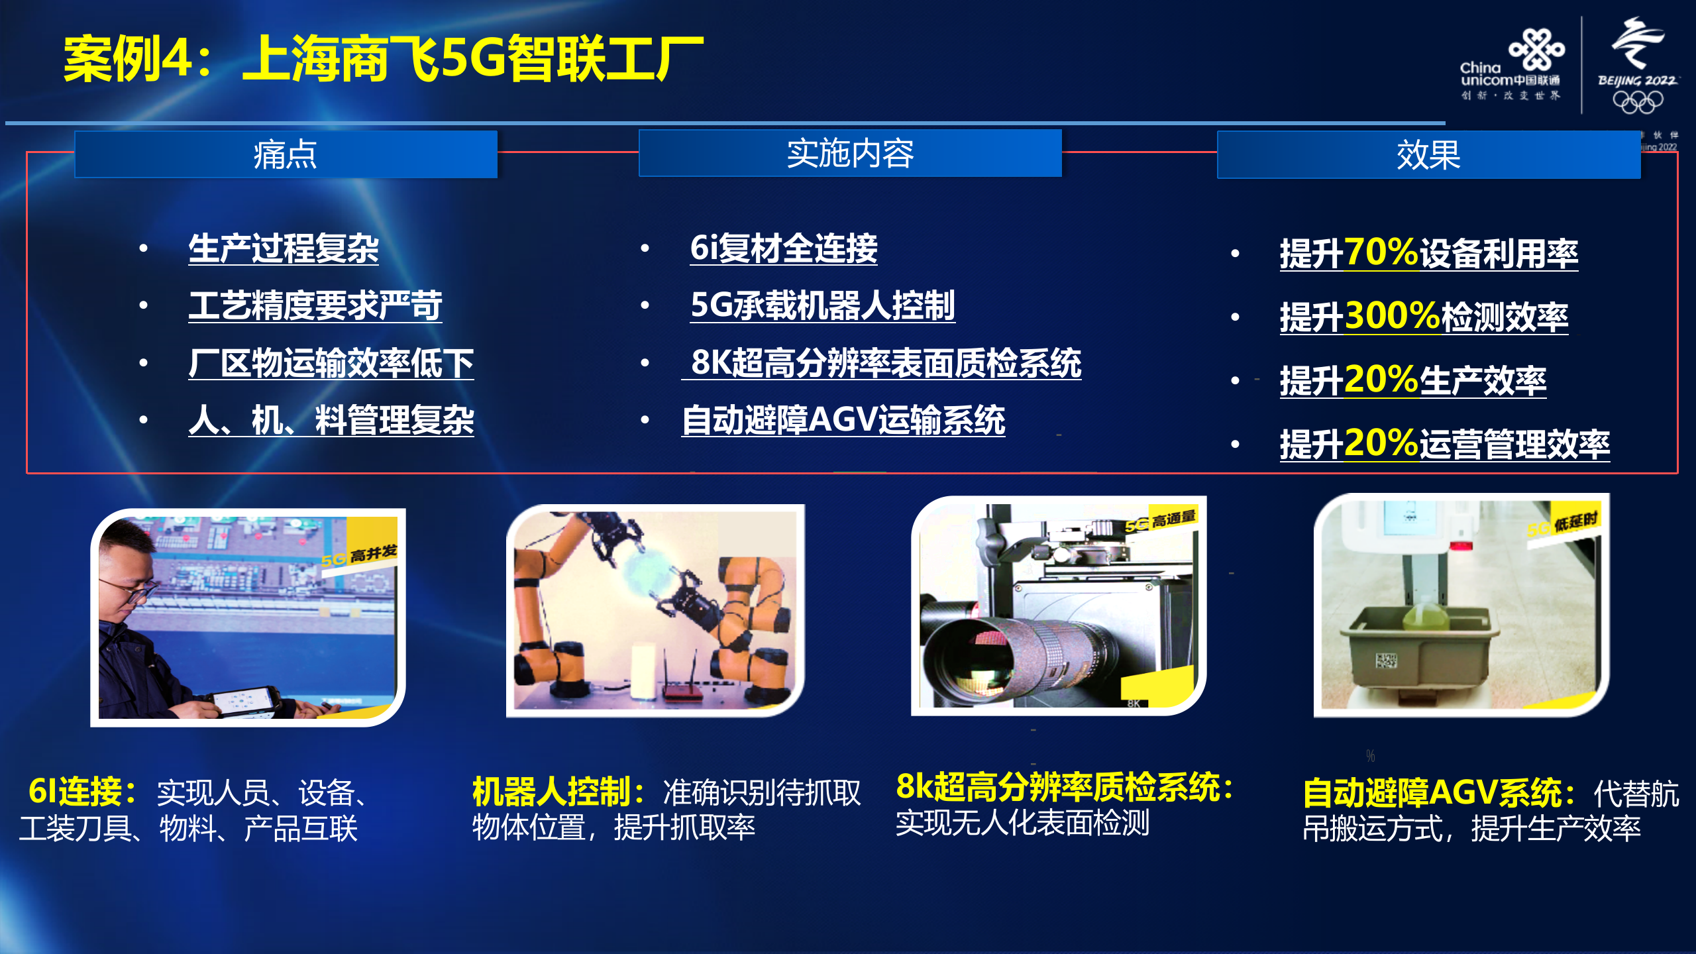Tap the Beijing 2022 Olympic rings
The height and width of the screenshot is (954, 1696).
pos(1638,101)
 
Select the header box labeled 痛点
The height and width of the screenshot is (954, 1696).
pos(286,154)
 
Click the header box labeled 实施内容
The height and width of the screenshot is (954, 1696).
pos(850,154)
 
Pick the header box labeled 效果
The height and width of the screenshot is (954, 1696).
pos(1428,155)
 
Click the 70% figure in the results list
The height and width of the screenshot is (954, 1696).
pos(1381,252)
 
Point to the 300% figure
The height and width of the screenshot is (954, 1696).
pos(1393,316)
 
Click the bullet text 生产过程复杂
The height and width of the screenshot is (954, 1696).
pos(283,249)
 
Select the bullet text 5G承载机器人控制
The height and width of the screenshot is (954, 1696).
pos(822,305)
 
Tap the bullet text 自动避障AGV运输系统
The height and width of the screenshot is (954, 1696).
pos(843,420)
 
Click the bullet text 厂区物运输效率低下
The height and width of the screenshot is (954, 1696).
pos(331,363)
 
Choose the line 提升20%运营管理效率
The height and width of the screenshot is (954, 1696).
pos(1444,443)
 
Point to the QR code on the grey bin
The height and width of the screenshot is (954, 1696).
pos(1386,661)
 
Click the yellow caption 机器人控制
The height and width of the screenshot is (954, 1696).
pos(551,792)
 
